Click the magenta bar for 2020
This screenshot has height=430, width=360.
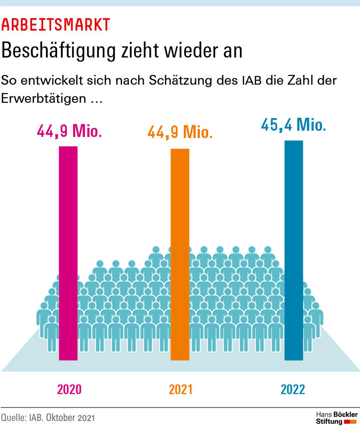(68, 253)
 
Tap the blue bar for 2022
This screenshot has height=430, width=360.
(294, 250)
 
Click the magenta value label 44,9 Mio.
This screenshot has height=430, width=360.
(69, 131)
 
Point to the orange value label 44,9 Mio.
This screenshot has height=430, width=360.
(180, 132)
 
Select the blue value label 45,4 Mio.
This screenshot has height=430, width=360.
(293, 125)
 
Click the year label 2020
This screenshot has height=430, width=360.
(69, 389)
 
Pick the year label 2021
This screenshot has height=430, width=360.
(180, 389)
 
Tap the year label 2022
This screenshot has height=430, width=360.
(293, 389)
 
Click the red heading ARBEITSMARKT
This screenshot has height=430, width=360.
(56, 24)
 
